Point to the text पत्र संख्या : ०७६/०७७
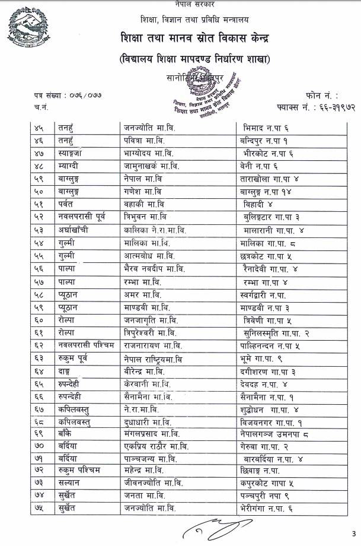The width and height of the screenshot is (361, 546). pos(62,95)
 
